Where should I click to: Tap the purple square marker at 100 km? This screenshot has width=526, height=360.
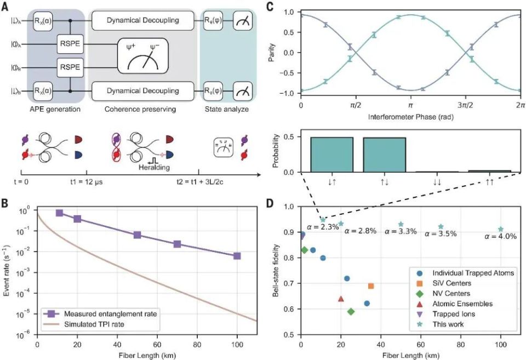coord(237,256)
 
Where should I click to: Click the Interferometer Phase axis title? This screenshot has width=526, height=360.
coord(410,117)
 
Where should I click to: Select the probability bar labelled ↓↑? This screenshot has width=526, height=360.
coord(332,155)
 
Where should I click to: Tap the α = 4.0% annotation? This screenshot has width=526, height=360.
coord(501,237)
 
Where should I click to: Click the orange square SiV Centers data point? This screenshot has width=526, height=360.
coord(371,286)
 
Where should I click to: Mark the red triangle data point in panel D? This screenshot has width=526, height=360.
coord(341,299)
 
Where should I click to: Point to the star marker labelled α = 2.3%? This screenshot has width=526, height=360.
coord(323,220)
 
